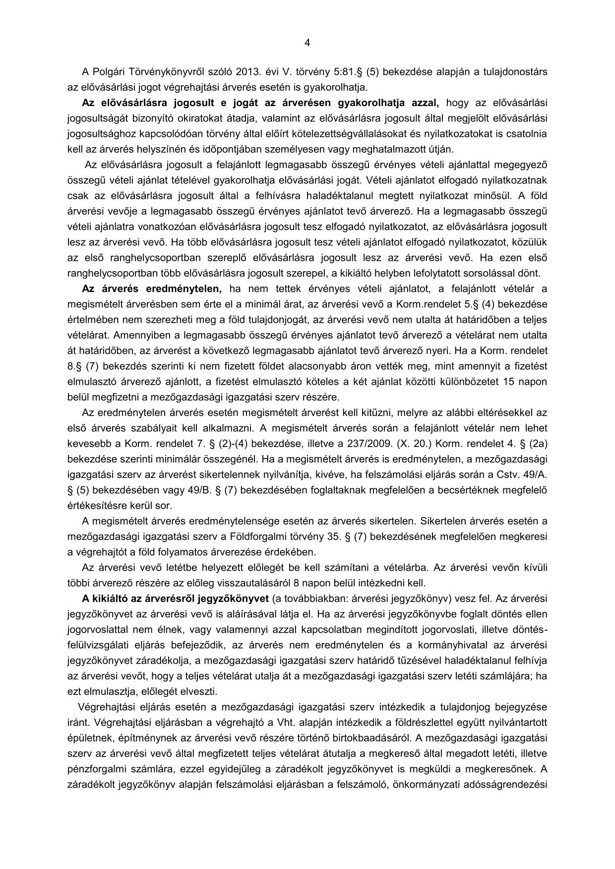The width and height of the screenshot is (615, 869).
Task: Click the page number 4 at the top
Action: pyautogui.click(x=307, y=43)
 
